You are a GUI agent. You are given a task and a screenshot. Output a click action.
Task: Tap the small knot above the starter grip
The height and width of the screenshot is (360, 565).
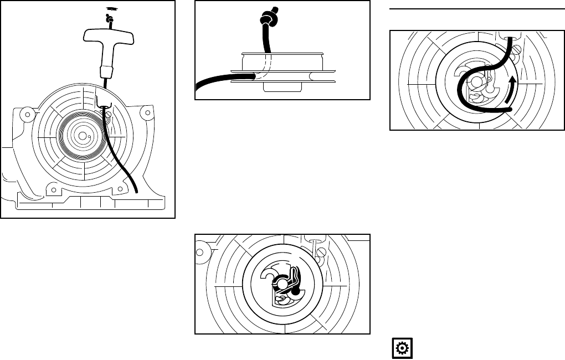point(110,19)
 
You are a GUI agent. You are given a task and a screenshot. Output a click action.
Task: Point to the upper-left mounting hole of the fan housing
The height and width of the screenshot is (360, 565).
point(24,115)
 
